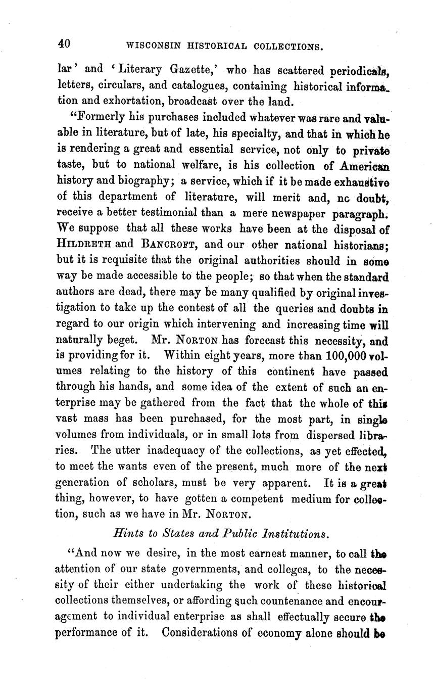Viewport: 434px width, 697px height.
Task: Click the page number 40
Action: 64,44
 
